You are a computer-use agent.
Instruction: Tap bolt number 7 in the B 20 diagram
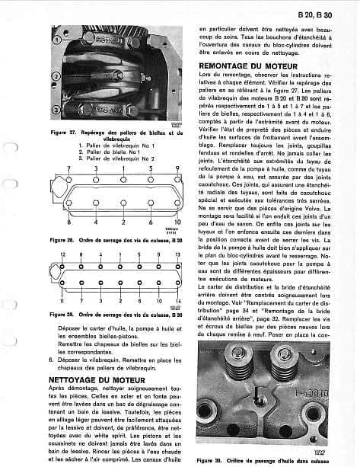pos(68,167)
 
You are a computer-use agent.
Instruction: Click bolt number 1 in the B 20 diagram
pos(123,167)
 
